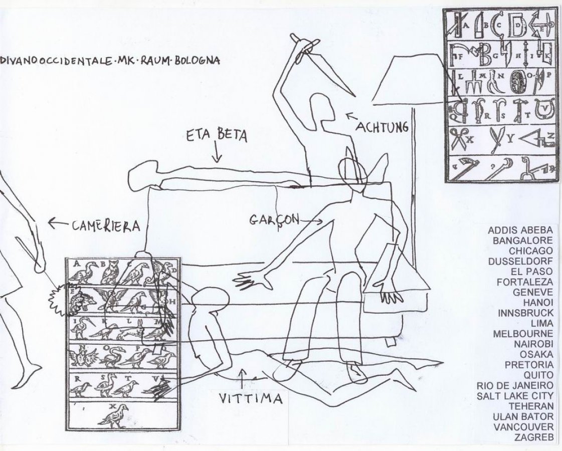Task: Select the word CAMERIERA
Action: [x=104, y=225]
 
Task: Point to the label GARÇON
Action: [x=274, y=218]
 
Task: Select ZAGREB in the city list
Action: [x=533, y=437]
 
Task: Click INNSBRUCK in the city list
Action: [x=525, y=313]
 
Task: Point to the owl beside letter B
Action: [x=110, y=272]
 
